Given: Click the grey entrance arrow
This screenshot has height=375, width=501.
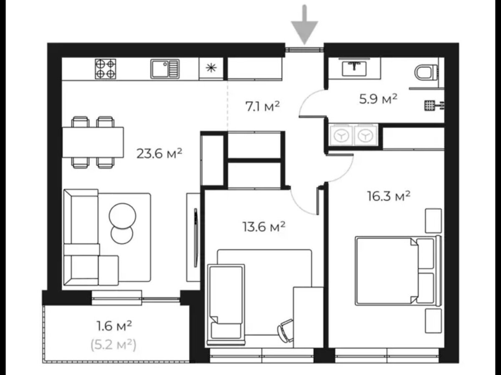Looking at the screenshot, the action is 304,25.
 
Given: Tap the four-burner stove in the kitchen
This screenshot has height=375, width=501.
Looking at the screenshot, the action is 106,69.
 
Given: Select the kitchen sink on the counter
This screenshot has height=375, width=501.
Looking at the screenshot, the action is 165,69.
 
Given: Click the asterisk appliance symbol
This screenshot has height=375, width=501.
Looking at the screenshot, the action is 211,68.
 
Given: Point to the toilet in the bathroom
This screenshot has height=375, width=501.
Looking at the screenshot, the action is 426,72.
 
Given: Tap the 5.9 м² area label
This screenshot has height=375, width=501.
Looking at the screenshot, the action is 378,99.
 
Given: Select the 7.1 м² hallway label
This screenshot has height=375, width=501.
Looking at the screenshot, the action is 263,106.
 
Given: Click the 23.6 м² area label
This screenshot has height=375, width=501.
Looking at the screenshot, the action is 159,153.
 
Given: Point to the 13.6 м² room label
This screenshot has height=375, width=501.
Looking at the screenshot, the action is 263,227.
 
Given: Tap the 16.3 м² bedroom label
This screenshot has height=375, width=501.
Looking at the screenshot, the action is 389,196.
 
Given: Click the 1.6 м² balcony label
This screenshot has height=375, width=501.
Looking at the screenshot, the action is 114,325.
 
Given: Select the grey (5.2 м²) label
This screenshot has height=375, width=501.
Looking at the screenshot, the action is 114,345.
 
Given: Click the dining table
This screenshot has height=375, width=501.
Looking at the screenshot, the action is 93,142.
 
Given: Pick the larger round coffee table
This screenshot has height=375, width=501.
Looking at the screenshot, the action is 123,216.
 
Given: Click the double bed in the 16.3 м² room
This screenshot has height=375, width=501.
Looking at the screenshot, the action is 398,271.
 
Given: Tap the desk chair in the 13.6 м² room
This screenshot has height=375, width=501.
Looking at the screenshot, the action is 286,330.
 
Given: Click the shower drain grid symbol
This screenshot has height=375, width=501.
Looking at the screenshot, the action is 430,106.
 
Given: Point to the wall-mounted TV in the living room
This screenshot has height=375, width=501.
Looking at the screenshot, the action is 196,237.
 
